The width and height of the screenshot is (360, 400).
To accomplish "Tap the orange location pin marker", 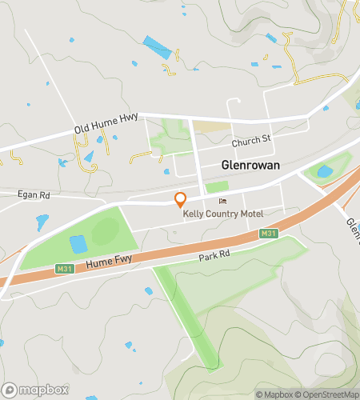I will pos(181,200).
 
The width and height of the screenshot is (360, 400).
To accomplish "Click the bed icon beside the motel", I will pos(222,201).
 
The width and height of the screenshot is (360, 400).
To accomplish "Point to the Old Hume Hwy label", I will pos(106,123).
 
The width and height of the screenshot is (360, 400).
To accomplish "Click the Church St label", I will pos(252,140).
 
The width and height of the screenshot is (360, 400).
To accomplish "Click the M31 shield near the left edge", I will pos(66,268).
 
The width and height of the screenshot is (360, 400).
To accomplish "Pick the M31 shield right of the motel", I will pos(269,233).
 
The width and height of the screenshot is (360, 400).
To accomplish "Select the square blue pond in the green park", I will pos(78,244).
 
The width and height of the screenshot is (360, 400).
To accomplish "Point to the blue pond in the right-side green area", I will pos(324,170).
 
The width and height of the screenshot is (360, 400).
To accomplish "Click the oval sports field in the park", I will pos(105,233).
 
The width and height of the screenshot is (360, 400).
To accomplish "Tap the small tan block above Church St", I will pos(211,126).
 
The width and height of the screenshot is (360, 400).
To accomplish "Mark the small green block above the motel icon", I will pos(217,187).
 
